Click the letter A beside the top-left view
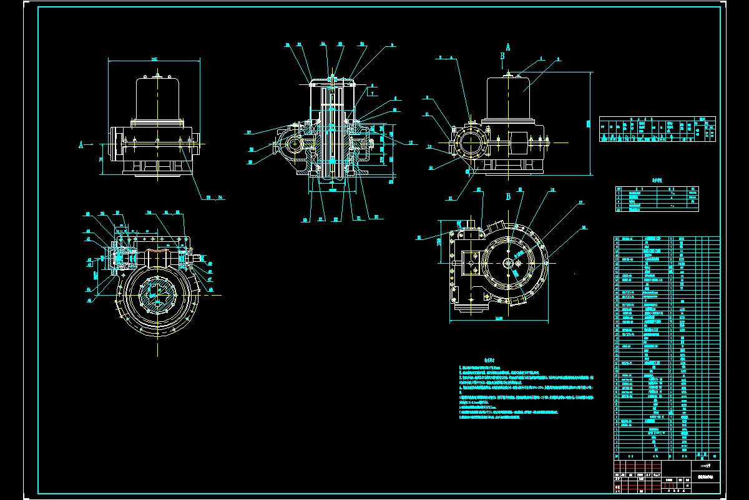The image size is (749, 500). coord(81,144)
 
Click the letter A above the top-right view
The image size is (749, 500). coord(508,47)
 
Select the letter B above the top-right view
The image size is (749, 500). coord(502,56)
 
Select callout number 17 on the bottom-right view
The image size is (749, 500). coord(580,202)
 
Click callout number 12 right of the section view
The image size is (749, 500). coord(411,142)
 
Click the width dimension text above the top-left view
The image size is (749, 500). coord(154,59)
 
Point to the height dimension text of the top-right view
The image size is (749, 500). coord(587,123)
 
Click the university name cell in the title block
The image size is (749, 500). coord(705,466)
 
